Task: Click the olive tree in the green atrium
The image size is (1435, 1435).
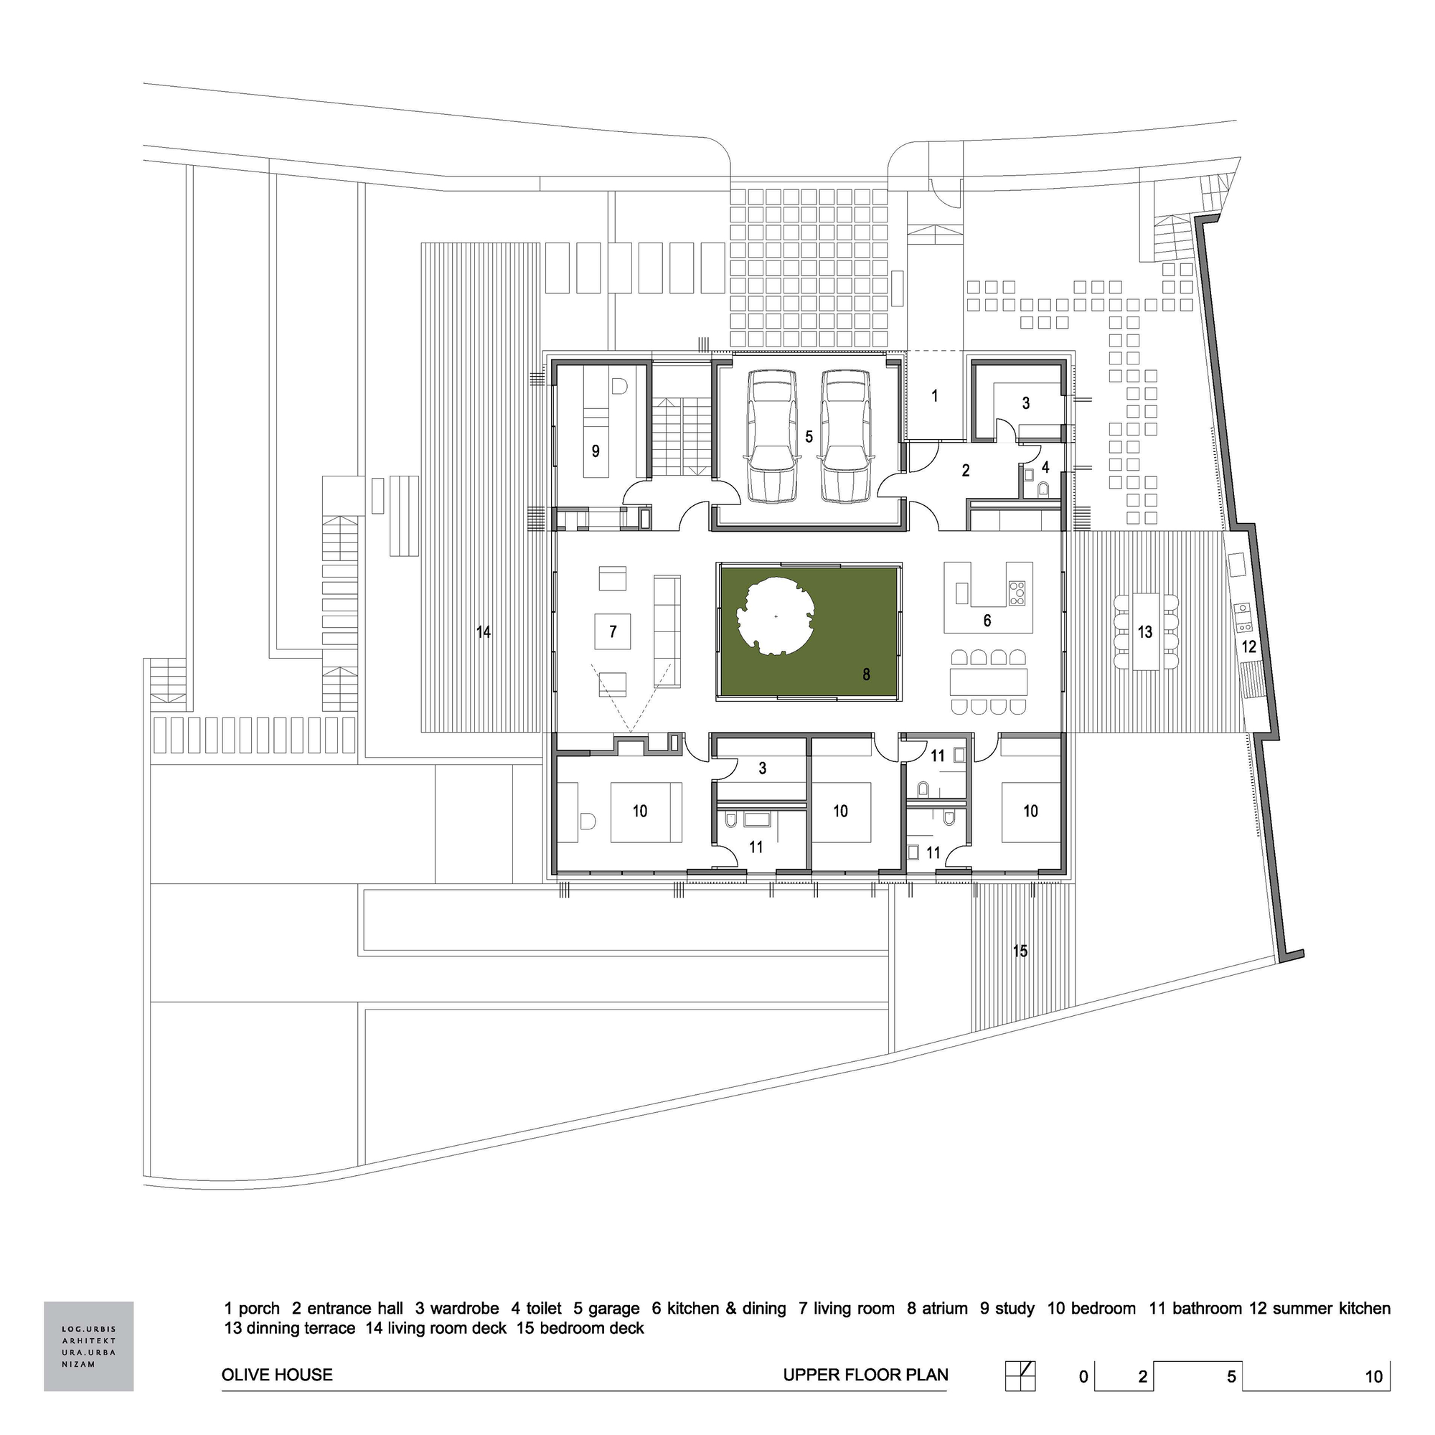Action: point(776,616)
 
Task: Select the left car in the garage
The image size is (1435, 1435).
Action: point(771,437)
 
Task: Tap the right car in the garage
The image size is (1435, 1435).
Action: point(847,437)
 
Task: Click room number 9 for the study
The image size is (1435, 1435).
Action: point(595,451)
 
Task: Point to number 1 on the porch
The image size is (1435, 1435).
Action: point(934,396)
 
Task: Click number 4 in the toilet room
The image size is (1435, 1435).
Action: point(1045,468)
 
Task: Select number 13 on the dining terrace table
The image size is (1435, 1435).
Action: point(1144,631)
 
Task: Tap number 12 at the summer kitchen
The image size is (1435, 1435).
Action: point(1248,646)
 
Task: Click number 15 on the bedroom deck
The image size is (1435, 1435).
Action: point(1020,951)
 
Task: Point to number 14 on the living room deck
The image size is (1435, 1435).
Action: point(484,632)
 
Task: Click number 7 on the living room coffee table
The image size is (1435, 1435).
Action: point(613,632)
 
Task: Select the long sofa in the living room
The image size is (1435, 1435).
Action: point(667,631)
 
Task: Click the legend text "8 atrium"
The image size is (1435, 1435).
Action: point(936,1308)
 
